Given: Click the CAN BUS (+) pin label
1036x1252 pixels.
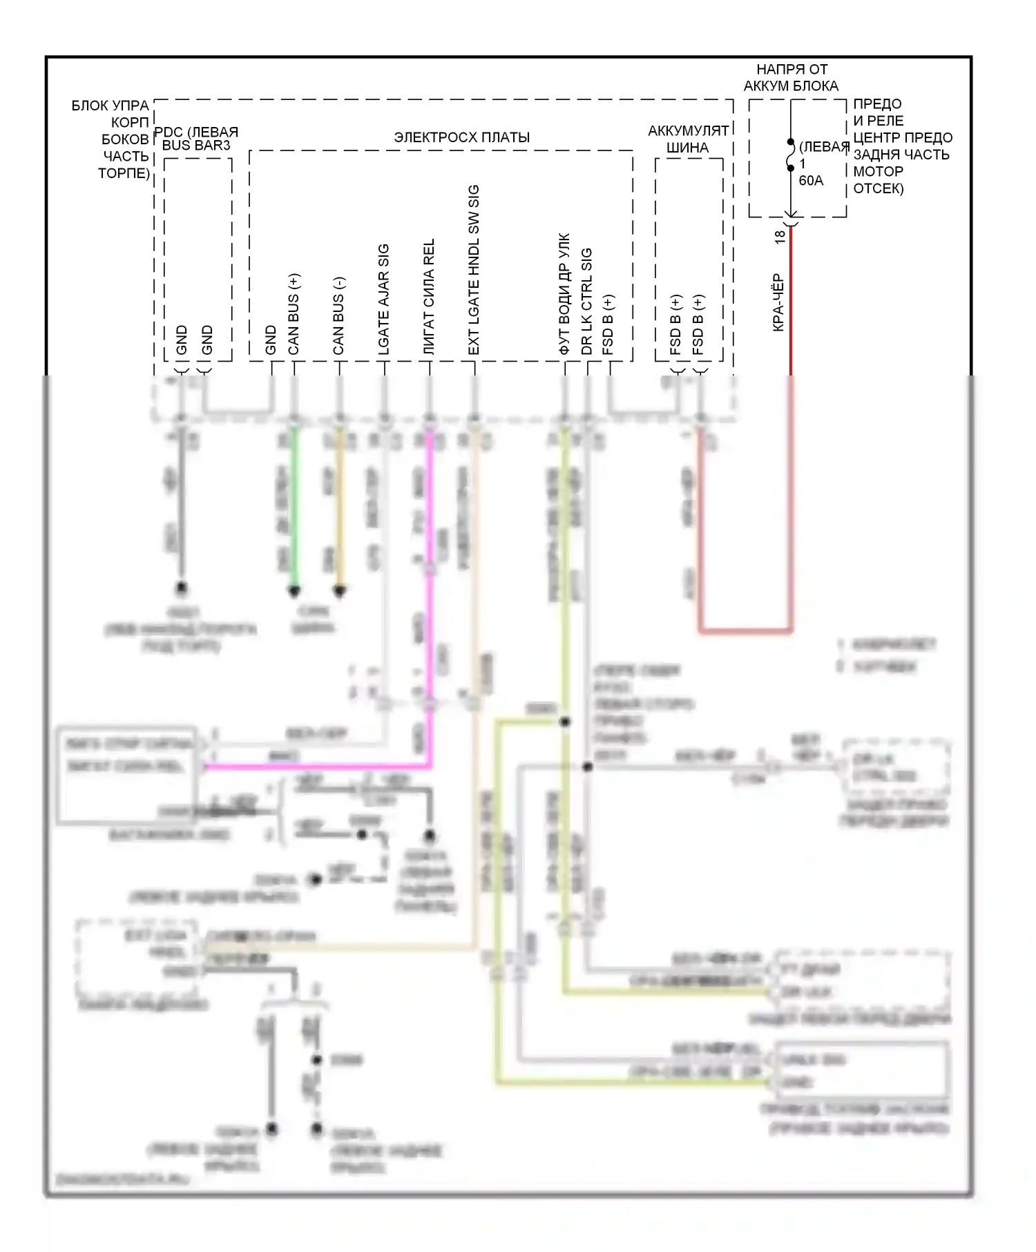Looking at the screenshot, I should point(294,314).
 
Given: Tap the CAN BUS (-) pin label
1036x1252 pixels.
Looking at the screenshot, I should point(338,316).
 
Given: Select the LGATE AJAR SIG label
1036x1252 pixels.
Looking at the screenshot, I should point(384,300).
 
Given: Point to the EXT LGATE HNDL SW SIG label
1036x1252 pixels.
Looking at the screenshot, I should point(474,270).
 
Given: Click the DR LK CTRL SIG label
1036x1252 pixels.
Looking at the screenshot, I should point(587,302).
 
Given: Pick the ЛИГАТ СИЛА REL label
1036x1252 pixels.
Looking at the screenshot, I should point(429,297).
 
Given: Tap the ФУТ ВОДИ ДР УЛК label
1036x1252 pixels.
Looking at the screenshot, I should point(564,294).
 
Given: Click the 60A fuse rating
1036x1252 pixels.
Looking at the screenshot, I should point(811,181).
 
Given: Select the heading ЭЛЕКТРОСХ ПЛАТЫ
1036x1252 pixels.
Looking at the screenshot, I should point(461,137).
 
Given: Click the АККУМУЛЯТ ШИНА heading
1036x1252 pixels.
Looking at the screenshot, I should point(688,139).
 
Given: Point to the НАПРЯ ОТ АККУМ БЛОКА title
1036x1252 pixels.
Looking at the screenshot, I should point(791,77).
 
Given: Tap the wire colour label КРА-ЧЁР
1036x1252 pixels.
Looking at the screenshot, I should point(778,302).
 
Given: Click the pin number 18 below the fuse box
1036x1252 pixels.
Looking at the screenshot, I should point(780,237).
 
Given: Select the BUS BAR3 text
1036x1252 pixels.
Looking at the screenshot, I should point(196,146).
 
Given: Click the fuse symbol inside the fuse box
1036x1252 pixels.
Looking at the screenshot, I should point(791,155).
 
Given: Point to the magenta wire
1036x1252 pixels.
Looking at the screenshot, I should point(430,621).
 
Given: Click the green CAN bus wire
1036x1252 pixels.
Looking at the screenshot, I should point(294,511).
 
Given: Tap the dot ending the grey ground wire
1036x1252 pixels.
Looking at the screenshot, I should point(182,588).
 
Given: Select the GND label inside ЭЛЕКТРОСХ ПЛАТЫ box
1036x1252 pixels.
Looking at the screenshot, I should point(271,340).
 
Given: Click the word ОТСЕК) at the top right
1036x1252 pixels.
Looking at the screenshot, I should point(879,188).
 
